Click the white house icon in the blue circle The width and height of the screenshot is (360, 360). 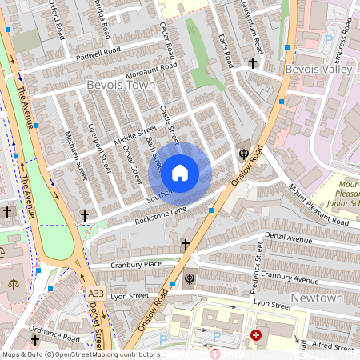[x=180, y=172]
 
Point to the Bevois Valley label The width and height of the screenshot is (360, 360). [x=318, y=70]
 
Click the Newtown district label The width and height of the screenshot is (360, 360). [x=318, y=298]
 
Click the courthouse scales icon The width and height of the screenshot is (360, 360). [x=11, y=285]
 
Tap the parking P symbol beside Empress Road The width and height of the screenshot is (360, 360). [x=327, y=38]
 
